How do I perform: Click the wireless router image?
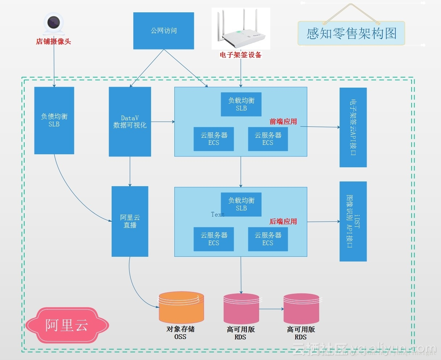pos(241,29)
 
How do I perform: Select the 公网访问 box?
pos(163,31)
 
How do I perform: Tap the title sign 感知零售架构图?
pos(351,33)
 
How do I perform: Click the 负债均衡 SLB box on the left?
pos(54,120)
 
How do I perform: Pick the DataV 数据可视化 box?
pos(130,122)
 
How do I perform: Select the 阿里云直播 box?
pos(130,221)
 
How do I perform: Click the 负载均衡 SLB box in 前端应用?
pos(241,104)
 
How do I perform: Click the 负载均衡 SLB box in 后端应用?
pos(241,204)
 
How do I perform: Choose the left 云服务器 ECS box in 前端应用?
pos(214,139)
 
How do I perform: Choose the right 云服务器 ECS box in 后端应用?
pos(268,239)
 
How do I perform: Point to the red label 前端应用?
pos(283,122)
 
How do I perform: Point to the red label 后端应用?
pos(283,222)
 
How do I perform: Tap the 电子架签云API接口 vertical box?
pos(353,127)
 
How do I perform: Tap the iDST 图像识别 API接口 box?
pos(353,221)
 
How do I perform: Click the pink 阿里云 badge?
pos(67,325)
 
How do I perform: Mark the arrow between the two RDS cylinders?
pos(271,309)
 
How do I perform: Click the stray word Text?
pos(218,214)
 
